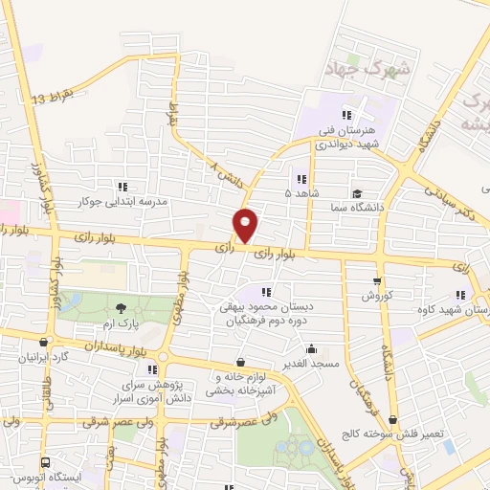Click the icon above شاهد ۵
(x=301, y=178)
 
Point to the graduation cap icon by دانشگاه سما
(x=355, y=192)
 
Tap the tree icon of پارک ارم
(x=121, y=307)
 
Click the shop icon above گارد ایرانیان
(x=43, y=343)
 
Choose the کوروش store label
(x=377, y=297)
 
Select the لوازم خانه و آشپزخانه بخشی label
(x=219, y=385)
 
